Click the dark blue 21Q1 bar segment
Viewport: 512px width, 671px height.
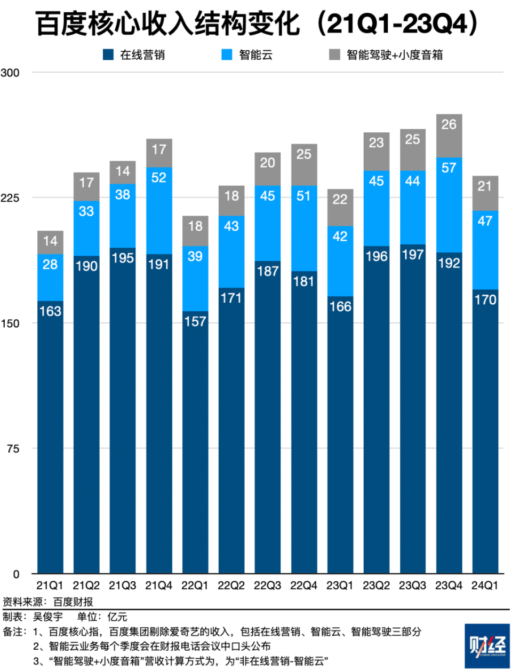click(x=50, y=438)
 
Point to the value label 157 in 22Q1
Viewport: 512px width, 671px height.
click(x=195, y=321)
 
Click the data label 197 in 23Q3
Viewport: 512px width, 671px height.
click(x=413, y=255)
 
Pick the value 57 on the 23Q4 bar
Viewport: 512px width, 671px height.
click(x=449, y=168)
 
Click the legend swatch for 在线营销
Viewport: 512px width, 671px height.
click(x=108, y=54)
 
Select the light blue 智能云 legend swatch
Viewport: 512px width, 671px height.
click(x=227, y=54)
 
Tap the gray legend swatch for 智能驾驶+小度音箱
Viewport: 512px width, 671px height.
click(x=334, y=54)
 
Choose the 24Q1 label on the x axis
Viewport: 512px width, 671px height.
click(x=485, y=586)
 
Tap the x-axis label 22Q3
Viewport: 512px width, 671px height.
click(x=267, y=586)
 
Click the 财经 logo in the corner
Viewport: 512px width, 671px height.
click(x=487, y=646)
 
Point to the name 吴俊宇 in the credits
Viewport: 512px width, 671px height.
click(x=48, y=617)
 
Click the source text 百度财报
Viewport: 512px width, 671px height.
click(x=73, y=602)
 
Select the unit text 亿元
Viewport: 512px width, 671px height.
click(x=117, y=617)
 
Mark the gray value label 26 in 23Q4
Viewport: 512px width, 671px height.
click(x=449, y=124)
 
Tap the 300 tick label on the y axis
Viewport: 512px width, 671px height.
click(x=10, y=73)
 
